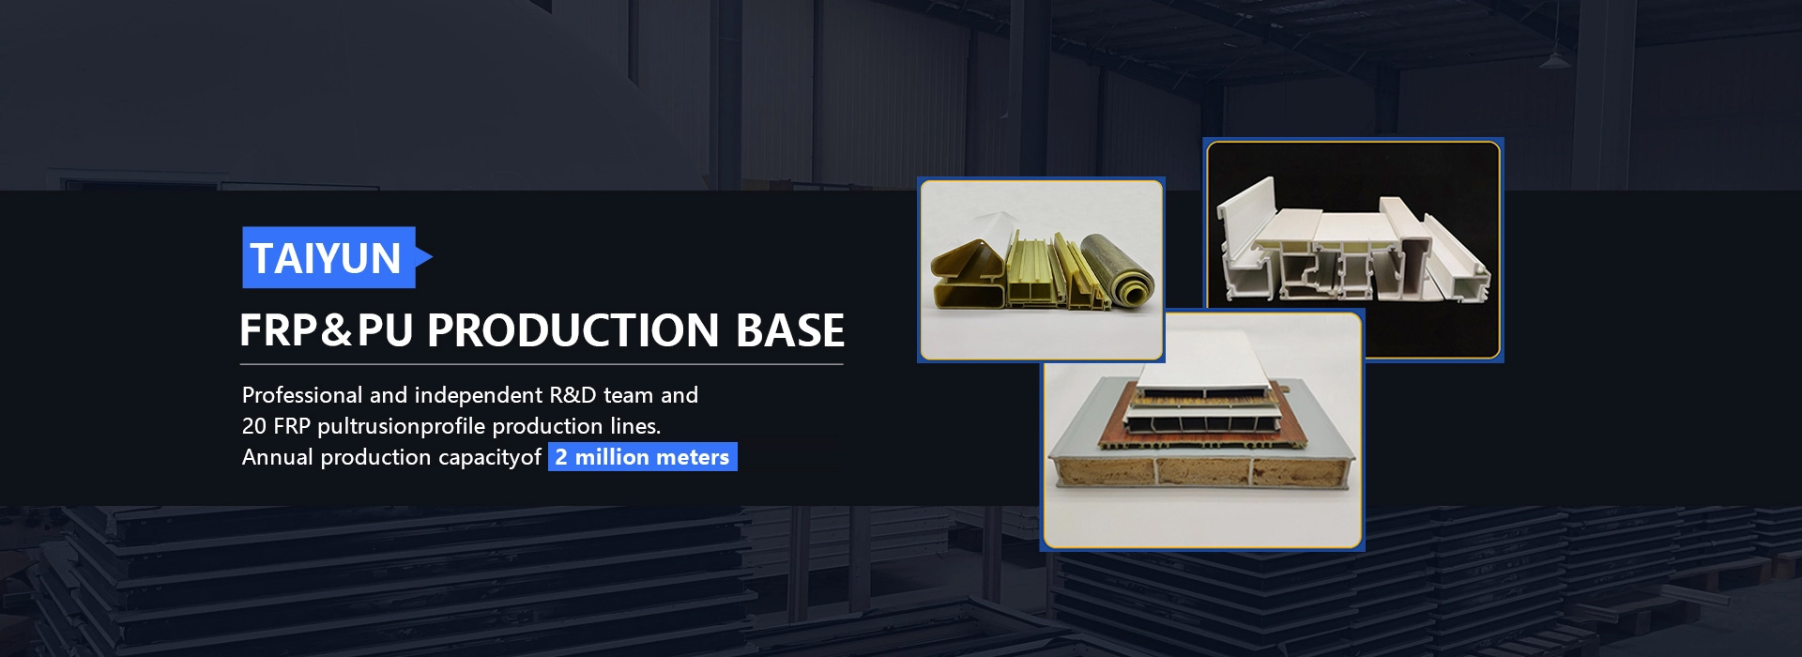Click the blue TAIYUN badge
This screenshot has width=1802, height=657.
point(328,257)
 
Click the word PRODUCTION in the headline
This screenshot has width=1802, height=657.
point(573,330)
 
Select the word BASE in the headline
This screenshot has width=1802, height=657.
point(790,330)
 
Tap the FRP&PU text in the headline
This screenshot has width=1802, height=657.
point(326,330)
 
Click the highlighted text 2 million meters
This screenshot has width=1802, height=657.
point(643,457)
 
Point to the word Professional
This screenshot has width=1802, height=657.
point(302,395)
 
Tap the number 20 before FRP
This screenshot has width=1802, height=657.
point(254,426)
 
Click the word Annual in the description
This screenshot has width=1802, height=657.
point(278,457)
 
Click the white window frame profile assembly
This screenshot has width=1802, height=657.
point(1352,250)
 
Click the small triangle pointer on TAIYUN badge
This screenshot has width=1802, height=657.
point(424,257)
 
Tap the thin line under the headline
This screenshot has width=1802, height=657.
point(542,363)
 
